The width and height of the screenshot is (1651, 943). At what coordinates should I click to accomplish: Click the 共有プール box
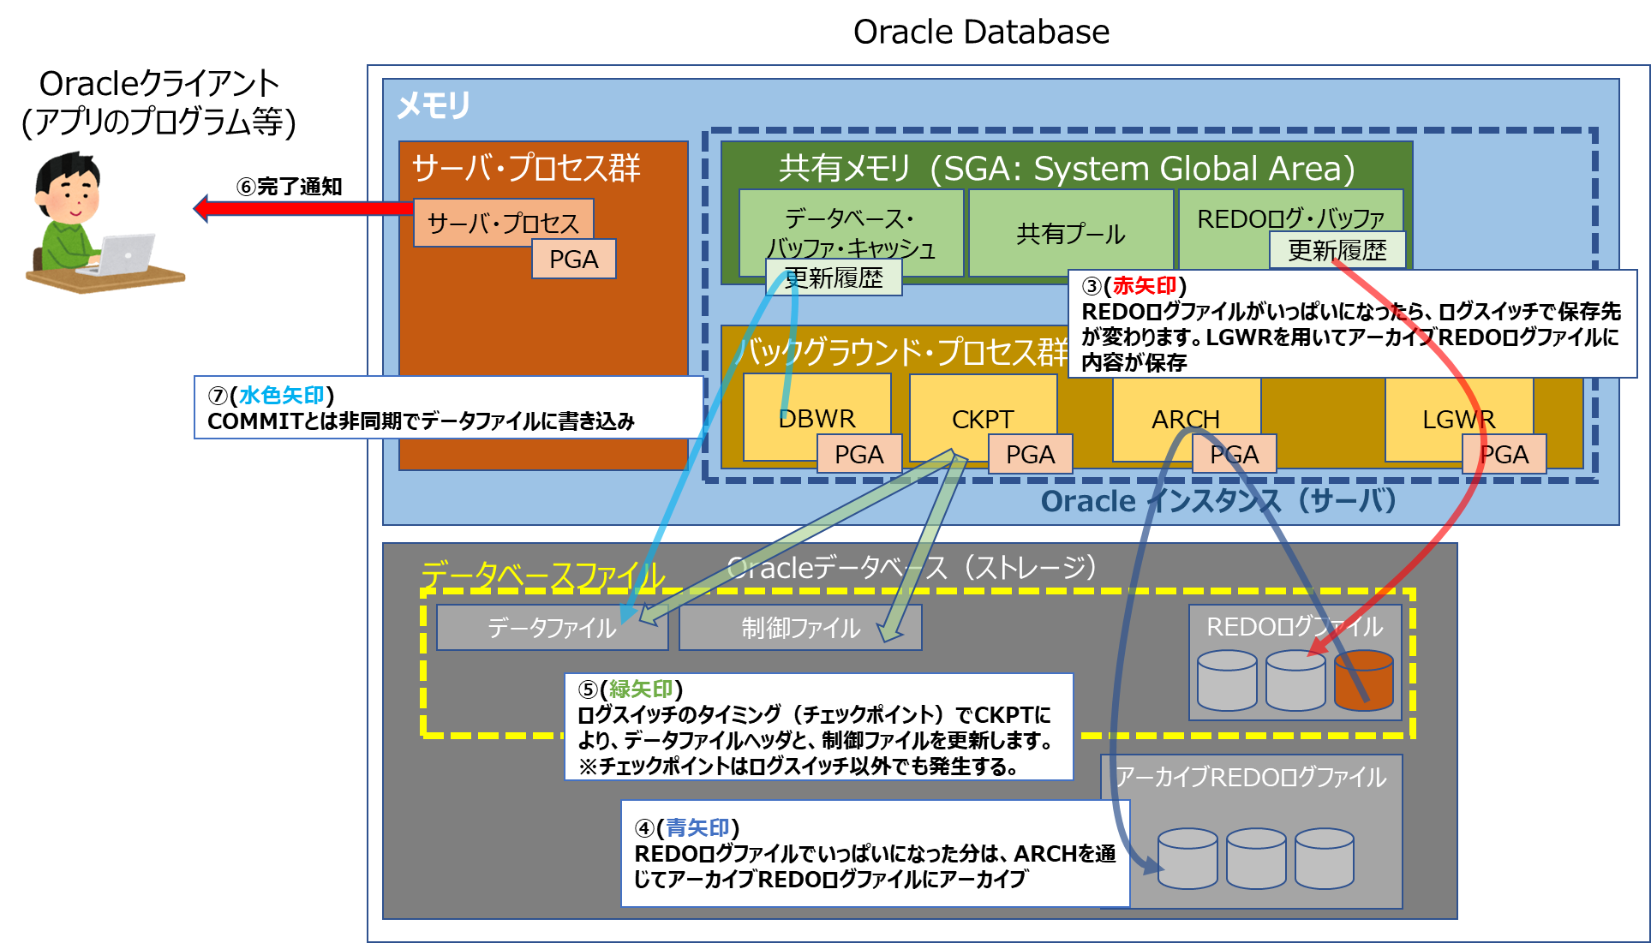[x=1070, y=234]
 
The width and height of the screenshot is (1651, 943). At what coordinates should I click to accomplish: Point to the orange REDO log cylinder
[x=1363, y=680]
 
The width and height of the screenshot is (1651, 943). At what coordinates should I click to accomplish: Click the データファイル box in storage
[x=551, y=628]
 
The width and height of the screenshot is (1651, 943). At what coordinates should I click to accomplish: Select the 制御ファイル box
[x=799, y=628]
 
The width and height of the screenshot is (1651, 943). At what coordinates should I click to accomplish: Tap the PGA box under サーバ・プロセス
[x=573, y=260]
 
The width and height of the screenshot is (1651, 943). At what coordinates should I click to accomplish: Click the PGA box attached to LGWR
[x=1504, y=455]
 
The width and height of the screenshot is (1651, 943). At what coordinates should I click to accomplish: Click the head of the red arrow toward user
[x=202, y=207]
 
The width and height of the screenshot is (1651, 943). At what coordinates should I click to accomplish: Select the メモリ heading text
[x=433, y=105]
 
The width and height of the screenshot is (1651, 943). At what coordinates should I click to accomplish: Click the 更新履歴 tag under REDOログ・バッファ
[x=1337, y=251]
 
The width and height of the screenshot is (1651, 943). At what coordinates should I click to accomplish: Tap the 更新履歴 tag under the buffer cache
[x=833, y=278]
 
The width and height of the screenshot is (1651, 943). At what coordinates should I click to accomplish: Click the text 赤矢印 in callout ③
[x=1144, y=286]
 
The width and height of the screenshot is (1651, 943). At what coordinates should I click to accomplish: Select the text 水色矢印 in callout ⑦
[x=282, y=395]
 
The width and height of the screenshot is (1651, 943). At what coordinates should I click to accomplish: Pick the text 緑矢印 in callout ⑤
[x=641, y=689]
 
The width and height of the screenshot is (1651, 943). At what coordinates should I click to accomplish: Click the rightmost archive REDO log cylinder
[x=1324, y=857]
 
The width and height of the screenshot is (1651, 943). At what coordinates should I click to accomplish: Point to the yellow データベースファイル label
[x=542, y=575]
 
